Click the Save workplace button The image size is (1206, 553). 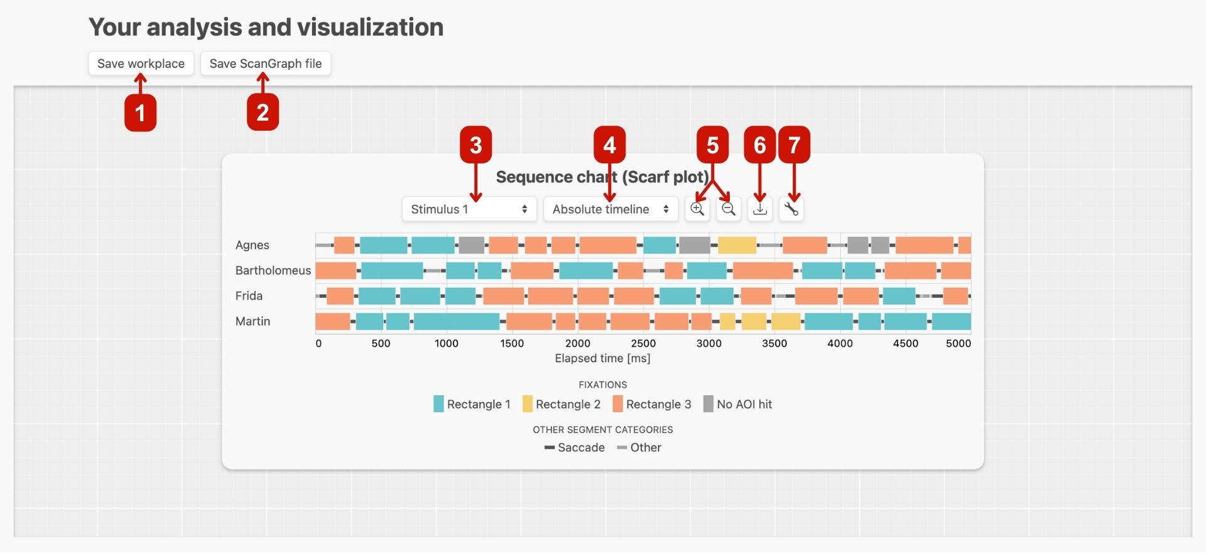point(141,63)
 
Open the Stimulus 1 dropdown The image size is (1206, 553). point(469,209)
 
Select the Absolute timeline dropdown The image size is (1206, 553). point(611,209)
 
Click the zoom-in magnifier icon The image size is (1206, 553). point(697,209)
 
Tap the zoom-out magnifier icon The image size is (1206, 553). point(729,209)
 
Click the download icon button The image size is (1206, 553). point(760,209)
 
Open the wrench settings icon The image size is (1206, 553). point(791,209)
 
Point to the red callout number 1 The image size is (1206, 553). point(140,113)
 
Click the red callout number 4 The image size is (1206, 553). point(609,145)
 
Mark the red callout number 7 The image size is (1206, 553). point(794,145)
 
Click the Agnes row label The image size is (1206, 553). point(253,245)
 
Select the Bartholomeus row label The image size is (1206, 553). point(273,270)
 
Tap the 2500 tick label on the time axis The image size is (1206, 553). point(643,343)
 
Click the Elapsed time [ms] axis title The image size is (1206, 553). point(602,358)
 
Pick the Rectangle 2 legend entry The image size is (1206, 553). point(562,404)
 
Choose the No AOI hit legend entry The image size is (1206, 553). point(737,404)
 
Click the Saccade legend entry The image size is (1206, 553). point(575,447)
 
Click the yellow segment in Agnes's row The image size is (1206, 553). point(737,245)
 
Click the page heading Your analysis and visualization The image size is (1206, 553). point(266,27)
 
